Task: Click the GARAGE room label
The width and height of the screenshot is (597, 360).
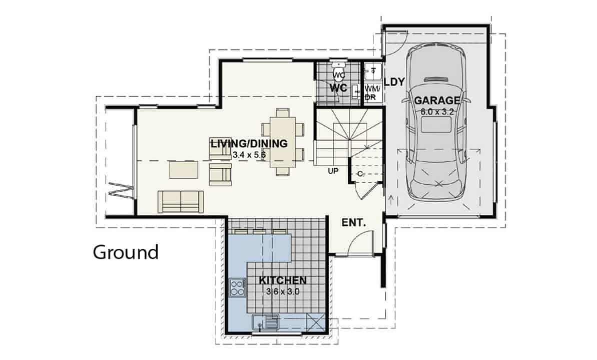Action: point(437,101)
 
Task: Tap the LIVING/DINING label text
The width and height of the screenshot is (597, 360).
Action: point(249,144)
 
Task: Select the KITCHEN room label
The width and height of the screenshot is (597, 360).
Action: point(283,280)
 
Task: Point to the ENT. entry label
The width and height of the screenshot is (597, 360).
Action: point(354,223)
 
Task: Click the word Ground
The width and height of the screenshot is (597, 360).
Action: point(126,252)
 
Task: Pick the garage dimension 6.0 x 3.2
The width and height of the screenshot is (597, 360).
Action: point(437,112)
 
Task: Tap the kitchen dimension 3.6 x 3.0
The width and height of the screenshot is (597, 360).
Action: point(283,292)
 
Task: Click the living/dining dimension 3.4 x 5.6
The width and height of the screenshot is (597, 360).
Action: point(249,155)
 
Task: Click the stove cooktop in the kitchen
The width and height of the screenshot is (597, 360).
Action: point(237,287)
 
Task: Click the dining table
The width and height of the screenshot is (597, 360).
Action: point(283,142)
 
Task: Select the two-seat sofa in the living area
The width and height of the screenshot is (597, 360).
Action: point(181,201)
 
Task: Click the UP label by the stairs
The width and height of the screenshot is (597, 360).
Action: point(333,171)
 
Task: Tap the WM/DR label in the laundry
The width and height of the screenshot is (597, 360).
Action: point(370,93)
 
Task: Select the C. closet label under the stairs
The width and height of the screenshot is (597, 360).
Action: point(361,174)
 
